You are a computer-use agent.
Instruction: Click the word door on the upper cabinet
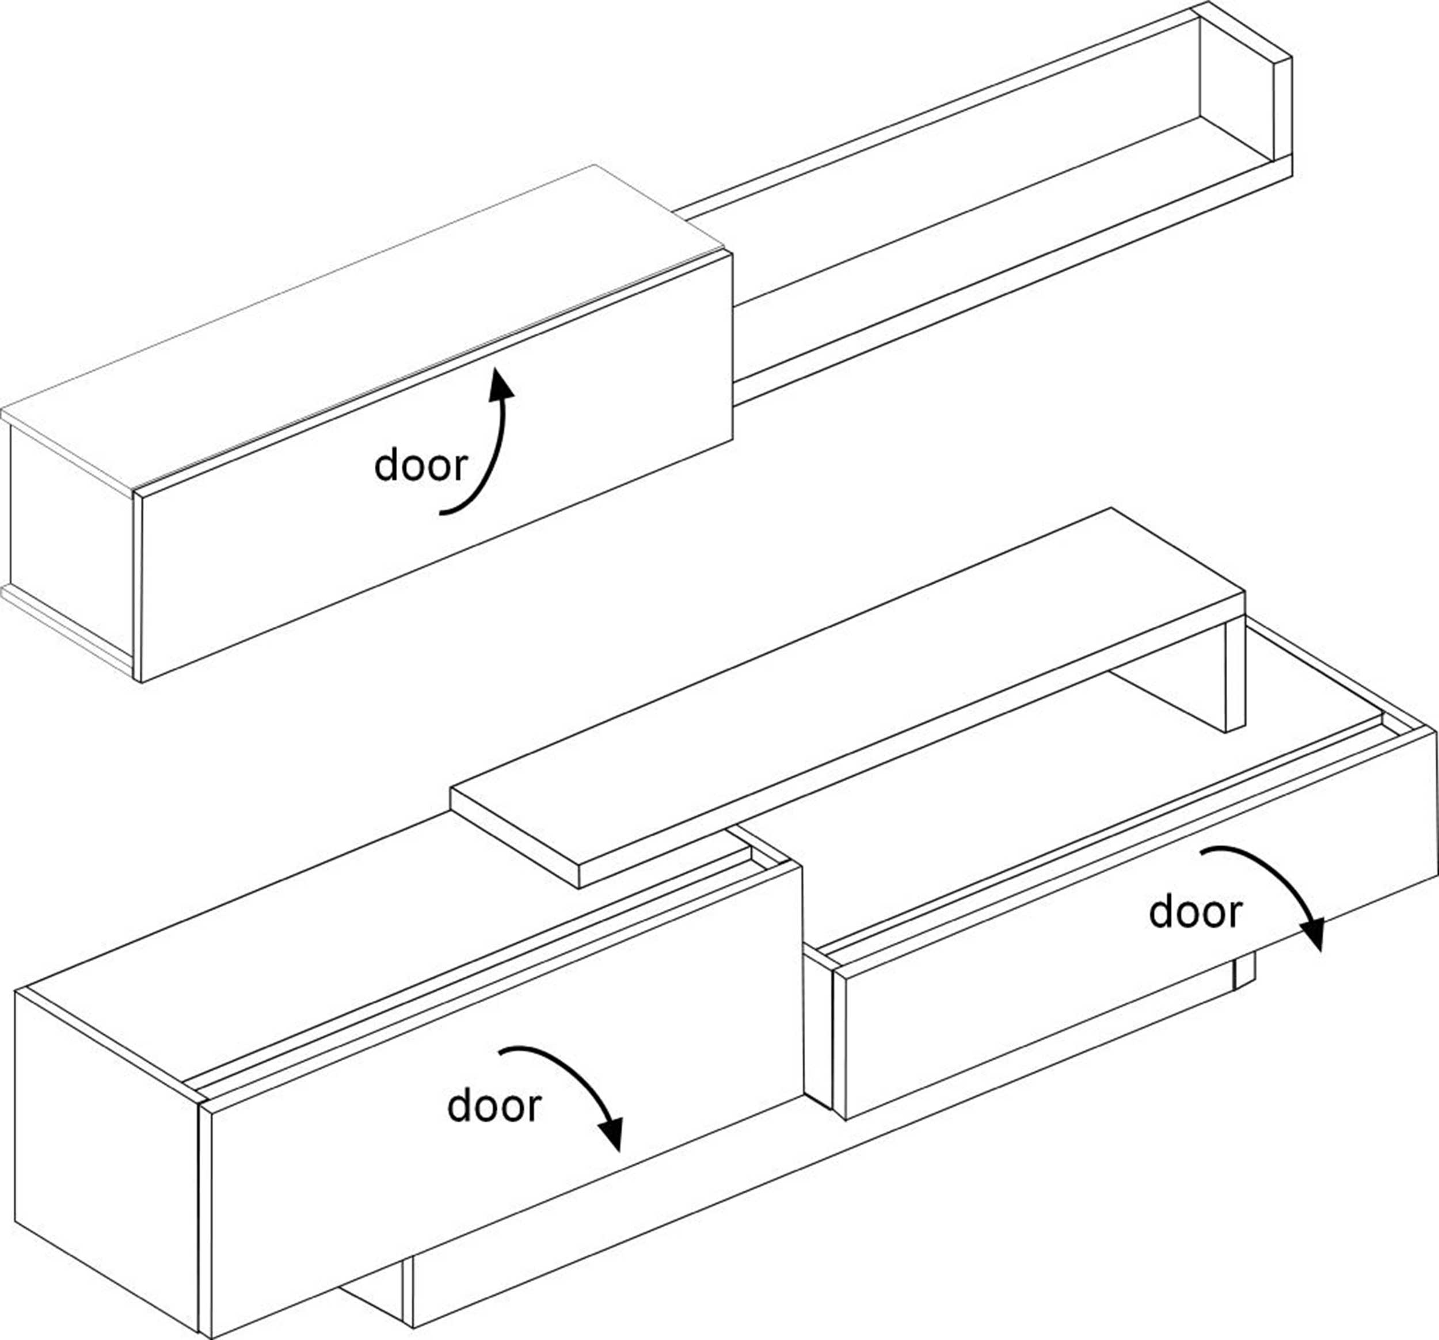coord(421,466)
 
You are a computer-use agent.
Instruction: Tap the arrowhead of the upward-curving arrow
coord(501,384)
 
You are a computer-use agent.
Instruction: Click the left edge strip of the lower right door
coord(840,1042)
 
